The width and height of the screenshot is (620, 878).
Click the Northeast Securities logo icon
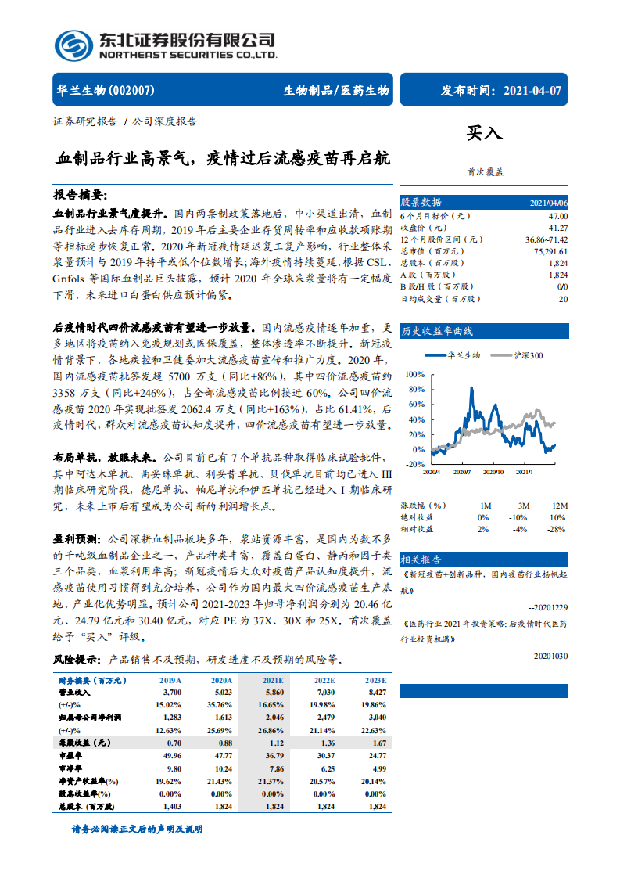(x=71, y=44)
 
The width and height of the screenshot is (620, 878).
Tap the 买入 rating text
(x=485, y=134)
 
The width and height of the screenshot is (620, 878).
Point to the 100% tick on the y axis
(x=415, y=375)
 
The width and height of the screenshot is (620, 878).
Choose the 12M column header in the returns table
(x=559, y=506)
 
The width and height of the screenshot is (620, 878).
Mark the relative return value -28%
(x=558, y=529)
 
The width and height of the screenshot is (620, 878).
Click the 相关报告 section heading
(x=421, y=560)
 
